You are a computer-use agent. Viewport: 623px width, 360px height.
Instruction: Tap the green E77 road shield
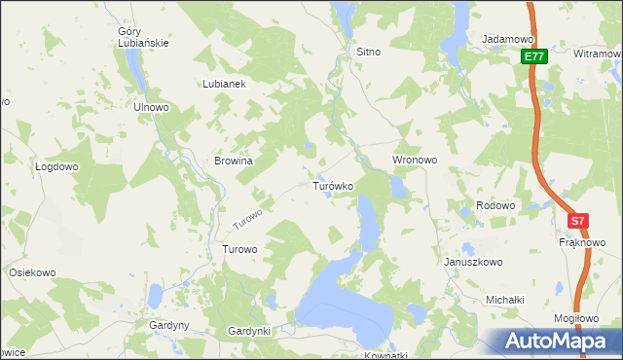click(x=532, y=57)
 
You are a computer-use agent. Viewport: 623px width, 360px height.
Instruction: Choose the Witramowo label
click(x=598, y=54)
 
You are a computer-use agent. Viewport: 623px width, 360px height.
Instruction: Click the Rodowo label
click(x=495, y=205)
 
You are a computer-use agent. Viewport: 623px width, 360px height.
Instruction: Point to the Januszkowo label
click(x=472, y=262)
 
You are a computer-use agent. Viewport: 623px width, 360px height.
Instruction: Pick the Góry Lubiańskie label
click(x=146, y=38)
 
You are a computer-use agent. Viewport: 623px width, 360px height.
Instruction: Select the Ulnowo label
click(x=152, y=107)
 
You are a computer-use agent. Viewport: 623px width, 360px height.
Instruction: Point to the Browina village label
click(x=234, y=162)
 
